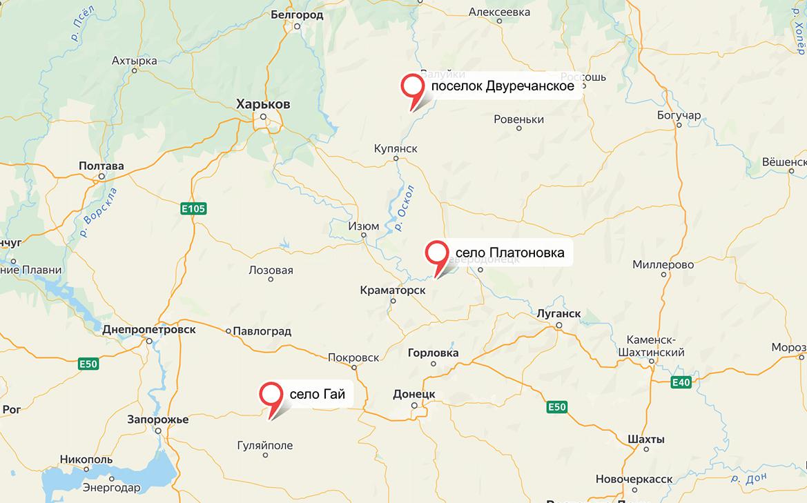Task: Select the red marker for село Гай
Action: tap(271, 395)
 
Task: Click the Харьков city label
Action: tap(263, 104)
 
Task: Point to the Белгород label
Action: tap(297, 14)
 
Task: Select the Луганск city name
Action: tap(558, 314)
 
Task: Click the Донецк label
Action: tap(414, 394)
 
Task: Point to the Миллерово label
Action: tap(663, 265)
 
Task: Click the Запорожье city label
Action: tap(158, 420)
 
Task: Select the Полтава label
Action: tap(101, 166)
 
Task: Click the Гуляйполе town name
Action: tap(264, 446)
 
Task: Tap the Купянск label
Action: tap(395, 149)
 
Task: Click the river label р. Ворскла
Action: tap(99, 212)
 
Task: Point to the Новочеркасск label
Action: tap(634, 479)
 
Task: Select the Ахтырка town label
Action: tap(135, 61)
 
